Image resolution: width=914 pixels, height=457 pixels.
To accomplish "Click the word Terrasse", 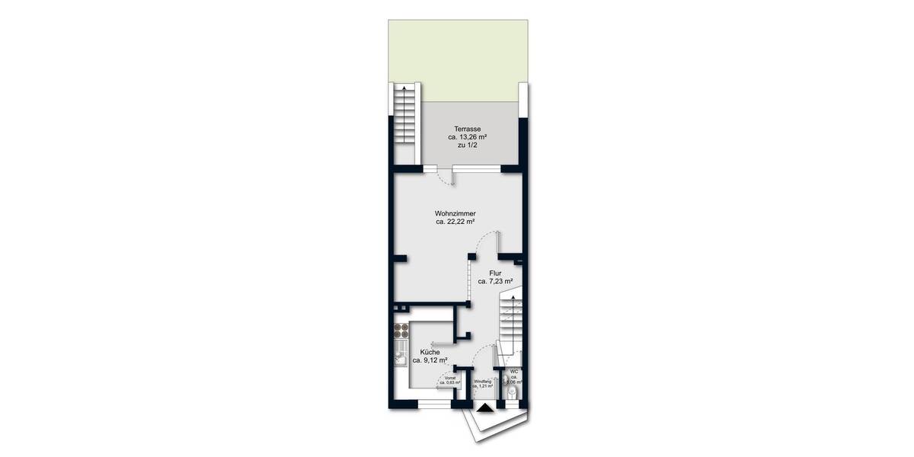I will pos(468,128).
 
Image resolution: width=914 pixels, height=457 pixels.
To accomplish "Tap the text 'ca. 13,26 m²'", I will pos(468,137).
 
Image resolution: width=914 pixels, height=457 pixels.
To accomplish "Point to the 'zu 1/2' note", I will pos(468,146).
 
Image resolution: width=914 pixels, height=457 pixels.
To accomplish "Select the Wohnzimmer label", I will pos(455,213).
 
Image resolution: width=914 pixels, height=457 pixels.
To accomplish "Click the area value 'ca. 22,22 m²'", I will pos(455,222).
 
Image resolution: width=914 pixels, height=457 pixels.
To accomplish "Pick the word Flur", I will pos(495,272).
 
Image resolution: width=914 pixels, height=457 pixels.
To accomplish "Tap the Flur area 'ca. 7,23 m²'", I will pos(495,281).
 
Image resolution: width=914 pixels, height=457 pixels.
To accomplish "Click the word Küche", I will pos(430,352).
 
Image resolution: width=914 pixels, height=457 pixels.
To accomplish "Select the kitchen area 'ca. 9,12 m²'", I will pos(430,361).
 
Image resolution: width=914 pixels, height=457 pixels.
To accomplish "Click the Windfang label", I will pos(482,381).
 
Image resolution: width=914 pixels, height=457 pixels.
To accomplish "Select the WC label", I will pos(514,372).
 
